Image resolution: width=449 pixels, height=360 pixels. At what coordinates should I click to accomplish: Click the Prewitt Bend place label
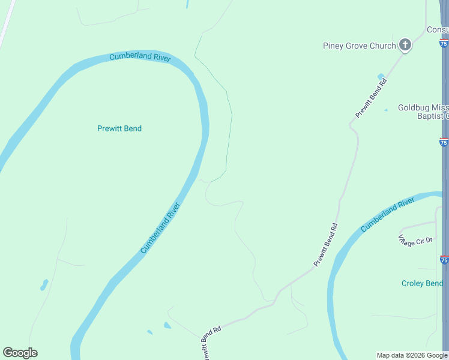119,128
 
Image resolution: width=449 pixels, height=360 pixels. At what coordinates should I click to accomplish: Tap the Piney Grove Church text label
359,46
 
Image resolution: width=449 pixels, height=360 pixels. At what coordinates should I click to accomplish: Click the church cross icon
405,45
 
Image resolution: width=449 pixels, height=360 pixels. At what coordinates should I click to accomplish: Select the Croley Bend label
422,283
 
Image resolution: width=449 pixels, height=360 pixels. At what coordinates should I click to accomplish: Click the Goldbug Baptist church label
423,112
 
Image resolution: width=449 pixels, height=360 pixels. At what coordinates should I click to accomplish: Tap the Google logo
20,353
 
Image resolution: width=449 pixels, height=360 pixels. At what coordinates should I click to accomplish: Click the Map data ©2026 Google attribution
412,355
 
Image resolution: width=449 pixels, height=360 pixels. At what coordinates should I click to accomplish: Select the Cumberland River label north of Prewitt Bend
140,58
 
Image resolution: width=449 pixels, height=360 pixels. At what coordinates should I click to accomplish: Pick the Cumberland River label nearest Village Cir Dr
388,215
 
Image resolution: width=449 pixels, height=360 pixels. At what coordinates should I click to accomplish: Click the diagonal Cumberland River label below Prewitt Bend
160,228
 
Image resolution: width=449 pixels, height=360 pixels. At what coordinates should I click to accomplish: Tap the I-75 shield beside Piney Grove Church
444,43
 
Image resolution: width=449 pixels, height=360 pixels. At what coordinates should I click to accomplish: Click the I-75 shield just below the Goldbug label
444,142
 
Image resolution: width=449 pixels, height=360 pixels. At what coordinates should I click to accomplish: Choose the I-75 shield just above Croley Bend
444,260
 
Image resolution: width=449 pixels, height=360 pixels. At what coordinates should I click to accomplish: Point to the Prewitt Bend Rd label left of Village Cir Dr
326,244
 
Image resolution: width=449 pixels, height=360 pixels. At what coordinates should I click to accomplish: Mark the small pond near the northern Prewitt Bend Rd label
381,77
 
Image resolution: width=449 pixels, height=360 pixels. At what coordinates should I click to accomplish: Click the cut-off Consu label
437,30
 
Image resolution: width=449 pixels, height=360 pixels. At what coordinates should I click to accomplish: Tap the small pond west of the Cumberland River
44,284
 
